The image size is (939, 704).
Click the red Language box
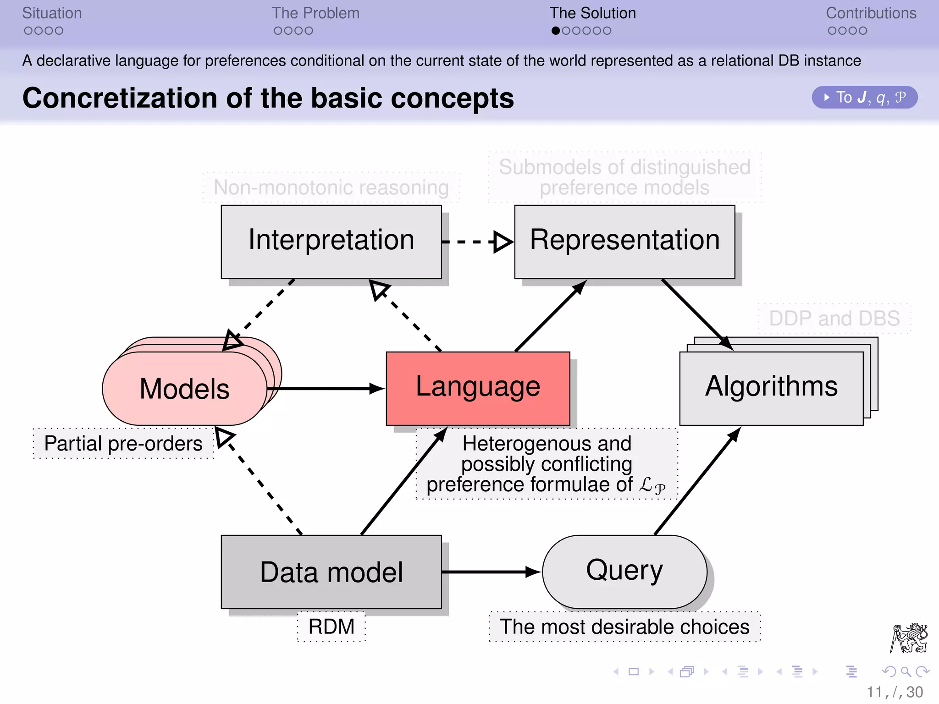(x=478, y=388)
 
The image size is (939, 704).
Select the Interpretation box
(x=331, y=241)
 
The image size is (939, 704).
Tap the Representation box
(x=624, y=241)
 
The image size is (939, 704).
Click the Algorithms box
(x=771, y=388)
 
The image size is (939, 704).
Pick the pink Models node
(x=184, y=389)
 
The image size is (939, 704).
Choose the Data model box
(x=331, y=572)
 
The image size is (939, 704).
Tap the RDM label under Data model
(x=331, y=627)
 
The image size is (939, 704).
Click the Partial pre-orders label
(x=123, y=443)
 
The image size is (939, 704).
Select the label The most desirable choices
(x=624, y=627)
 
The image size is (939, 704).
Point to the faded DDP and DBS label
(x=834, y=318)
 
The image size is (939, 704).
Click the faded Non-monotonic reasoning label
(x=331, y=187)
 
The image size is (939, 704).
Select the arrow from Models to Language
(x=326, y=389)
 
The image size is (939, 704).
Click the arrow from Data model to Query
(x=491, y=572)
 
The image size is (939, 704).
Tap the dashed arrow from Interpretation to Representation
(x=477, y=242)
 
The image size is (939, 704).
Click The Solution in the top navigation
(x=592, y=13)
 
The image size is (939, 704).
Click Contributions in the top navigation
(x=871, y=13)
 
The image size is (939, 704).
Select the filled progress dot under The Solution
(x=556, y=31)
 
